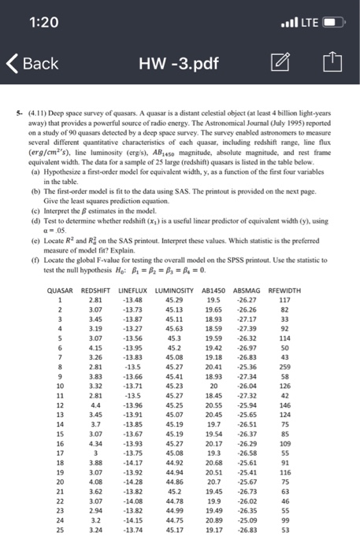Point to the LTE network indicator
pyautogui.click(x=306, y=20)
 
